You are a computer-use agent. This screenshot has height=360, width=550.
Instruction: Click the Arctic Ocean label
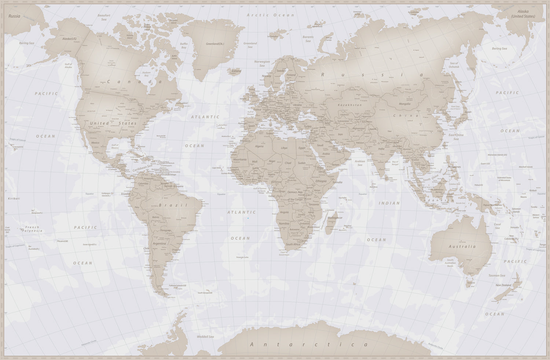click(270, 15)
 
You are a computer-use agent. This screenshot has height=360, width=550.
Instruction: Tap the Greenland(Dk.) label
click(215, 44)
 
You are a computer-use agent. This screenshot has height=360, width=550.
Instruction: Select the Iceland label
click(236, 71)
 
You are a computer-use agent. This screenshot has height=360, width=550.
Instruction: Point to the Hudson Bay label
click(146, 74)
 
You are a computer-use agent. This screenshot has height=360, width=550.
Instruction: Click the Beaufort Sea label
click(104, 17)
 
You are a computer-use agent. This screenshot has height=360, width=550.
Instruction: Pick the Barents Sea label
click(308, 39)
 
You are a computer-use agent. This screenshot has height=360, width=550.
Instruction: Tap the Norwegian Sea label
click(262, 63)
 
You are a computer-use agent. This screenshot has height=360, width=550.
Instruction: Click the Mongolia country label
click(404, 104)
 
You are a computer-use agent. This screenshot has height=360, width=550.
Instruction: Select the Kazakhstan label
click(350, 105)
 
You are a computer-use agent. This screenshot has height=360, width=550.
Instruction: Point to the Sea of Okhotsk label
click(454, 65)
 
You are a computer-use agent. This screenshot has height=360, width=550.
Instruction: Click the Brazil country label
click(173, 206)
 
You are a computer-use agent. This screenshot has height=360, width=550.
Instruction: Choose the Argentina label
click(159, 243)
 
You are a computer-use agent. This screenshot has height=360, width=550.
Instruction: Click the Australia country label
click(462, 247)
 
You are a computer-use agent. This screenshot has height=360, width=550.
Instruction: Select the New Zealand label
click(503, 285)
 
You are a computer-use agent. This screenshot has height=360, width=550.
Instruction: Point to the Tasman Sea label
click(496, 276)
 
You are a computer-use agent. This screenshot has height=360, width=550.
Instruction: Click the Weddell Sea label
click(205, 337)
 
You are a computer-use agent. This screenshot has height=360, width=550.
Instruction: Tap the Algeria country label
click(259, 146)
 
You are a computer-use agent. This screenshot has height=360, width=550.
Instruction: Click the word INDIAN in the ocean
click(389, 203)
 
